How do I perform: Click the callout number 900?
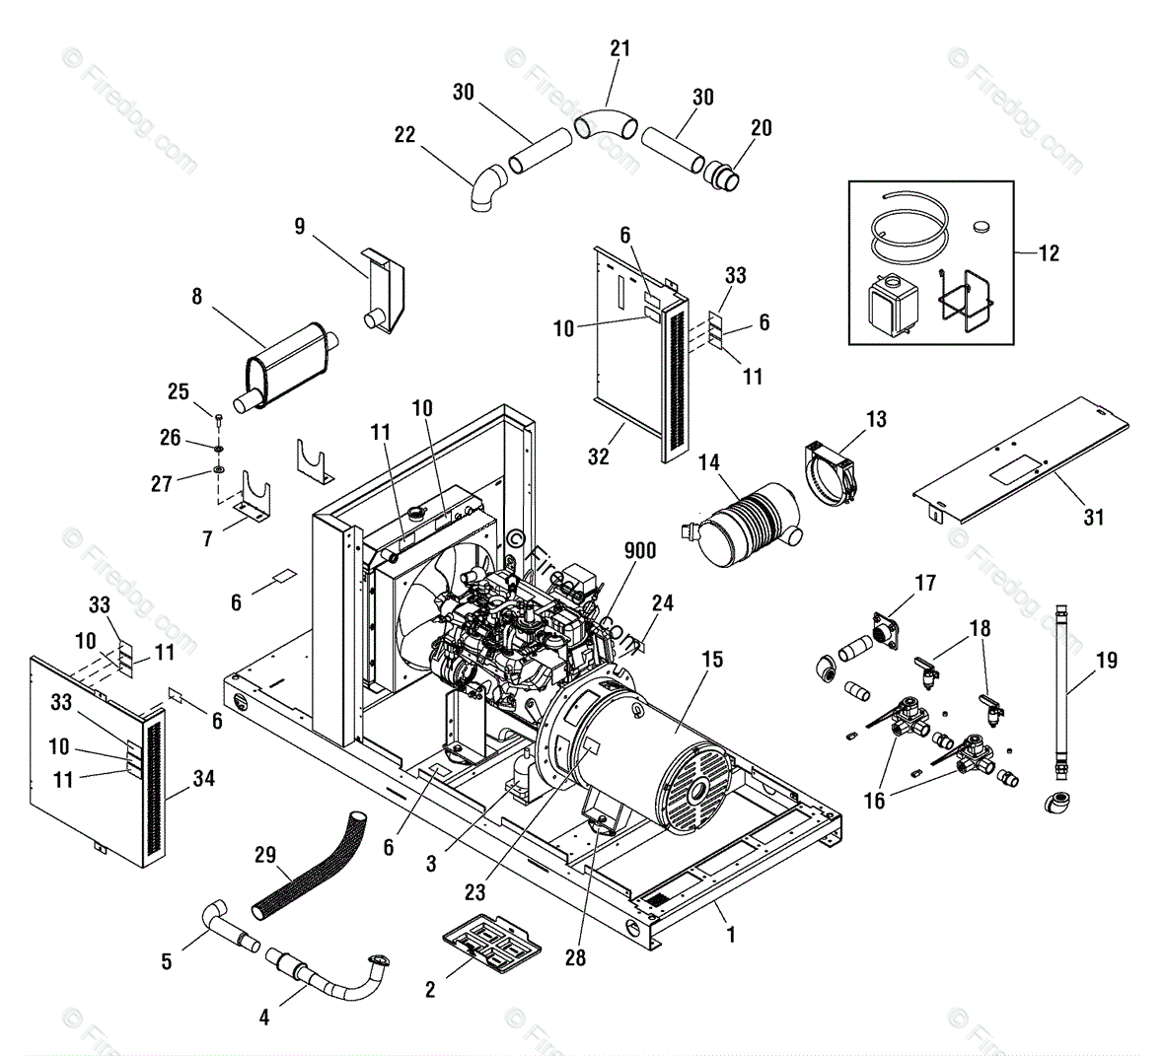tap(639, 551)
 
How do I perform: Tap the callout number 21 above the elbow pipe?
tap(619, 48)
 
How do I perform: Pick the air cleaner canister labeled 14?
tap(741, 524)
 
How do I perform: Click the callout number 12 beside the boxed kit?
tap(1049, 253)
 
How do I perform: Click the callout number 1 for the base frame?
tap(731, 935)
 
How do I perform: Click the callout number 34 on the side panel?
tap(204, 778)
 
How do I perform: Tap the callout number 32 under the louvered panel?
tap(598, 457)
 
